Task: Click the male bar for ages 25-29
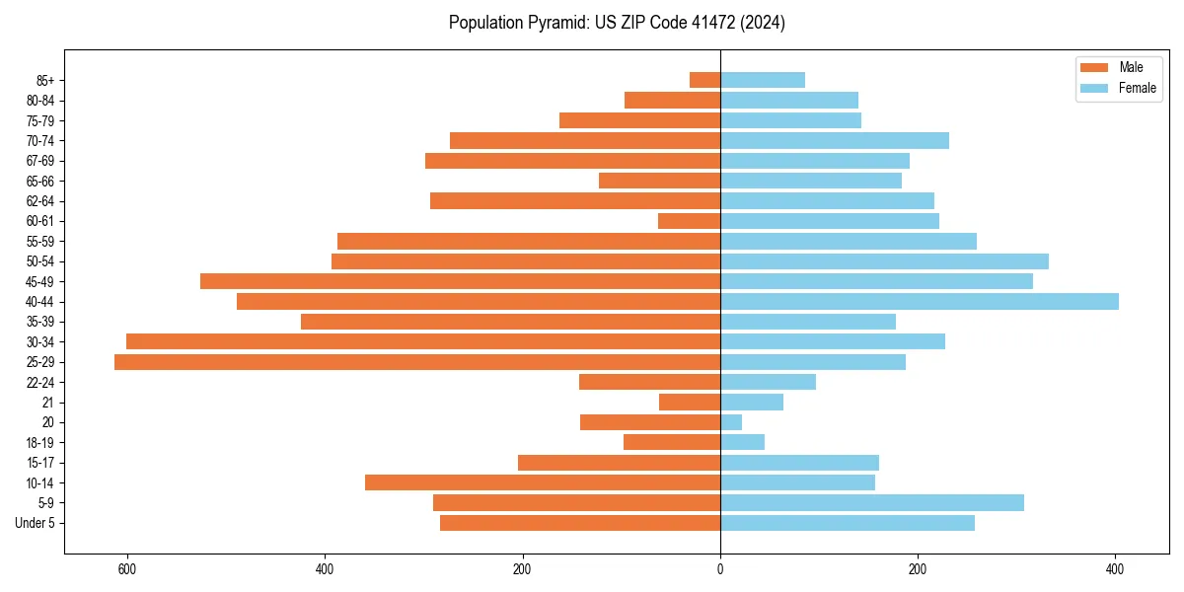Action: click(x=417, y=362)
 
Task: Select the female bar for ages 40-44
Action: click(x=920, y=302)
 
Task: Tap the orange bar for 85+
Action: click(x=704, y=80)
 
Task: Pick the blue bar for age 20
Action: click(x=731, y=422)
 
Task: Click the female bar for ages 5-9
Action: click(x=872, y=503)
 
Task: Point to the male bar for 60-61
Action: click(x=689, y=221)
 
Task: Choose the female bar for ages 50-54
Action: click(x=884, y=261)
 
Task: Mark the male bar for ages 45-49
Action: click(x=460, y=281)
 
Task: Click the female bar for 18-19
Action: click(x=742, y=442)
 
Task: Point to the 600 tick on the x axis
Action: click(x=127, y=569)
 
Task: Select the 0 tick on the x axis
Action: click(x=720, y=569)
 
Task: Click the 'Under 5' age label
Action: click(x=36, y=523)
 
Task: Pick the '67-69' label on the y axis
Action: click(x=40, y=161)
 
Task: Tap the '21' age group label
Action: click(x=48, y=403)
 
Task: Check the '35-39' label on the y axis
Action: click(x=40, y=322)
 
